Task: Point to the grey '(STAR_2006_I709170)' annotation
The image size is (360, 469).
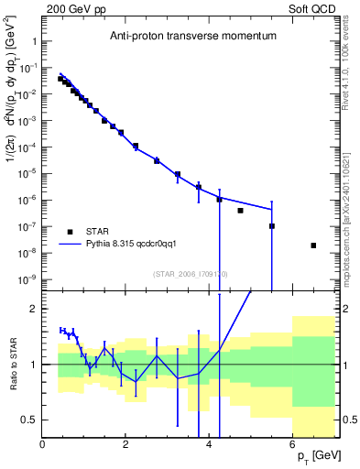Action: [190, 272]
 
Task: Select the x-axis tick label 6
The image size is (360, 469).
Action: [292, 443]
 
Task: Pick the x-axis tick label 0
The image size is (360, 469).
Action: [43, 443]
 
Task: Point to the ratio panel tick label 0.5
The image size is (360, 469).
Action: [28, 420]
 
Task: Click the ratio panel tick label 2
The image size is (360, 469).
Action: [34, 309]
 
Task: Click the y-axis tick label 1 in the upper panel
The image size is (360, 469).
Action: [34, 42]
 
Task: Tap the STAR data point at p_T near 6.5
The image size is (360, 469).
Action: [313, 245]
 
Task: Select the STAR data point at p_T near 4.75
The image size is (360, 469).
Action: [240, 211]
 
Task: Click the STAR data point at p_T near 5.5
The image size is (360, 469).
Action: [272, 226]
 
